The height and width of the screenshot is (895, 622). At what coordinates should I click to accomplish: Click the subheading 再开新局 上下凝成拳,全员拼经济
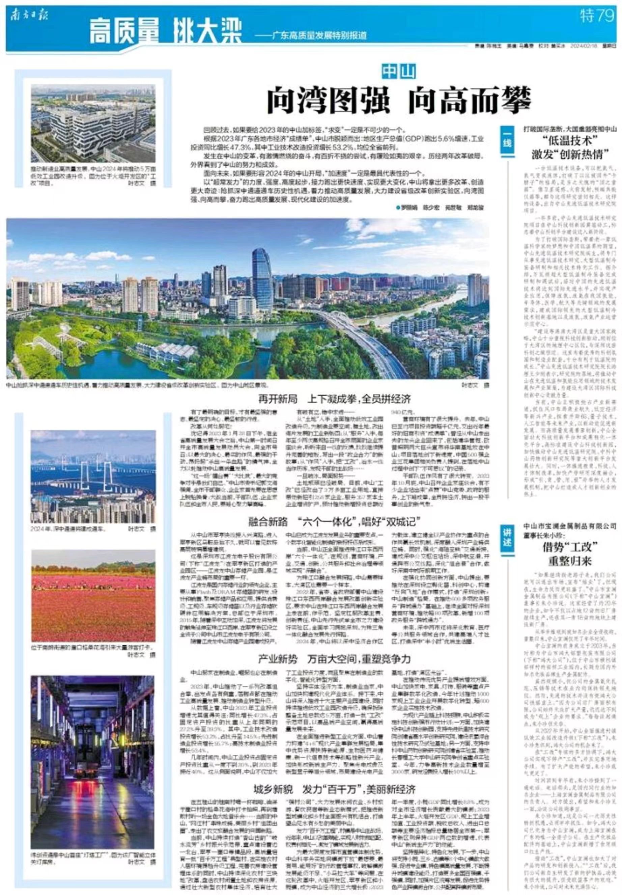pyautogui.click(x=334, y=399)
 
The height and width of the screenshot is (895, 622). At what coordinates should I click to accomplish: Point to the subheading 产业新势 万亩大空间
pyautogui.click(x=334, y=659)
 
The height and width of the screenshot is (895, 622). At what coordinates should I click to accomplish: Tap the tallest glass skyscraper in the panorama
pyautogui.click(x=262, y=275)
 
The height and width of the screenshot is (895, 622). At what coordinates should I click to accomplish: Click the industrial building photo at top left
pyautogui.click(x=93, y=123)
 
